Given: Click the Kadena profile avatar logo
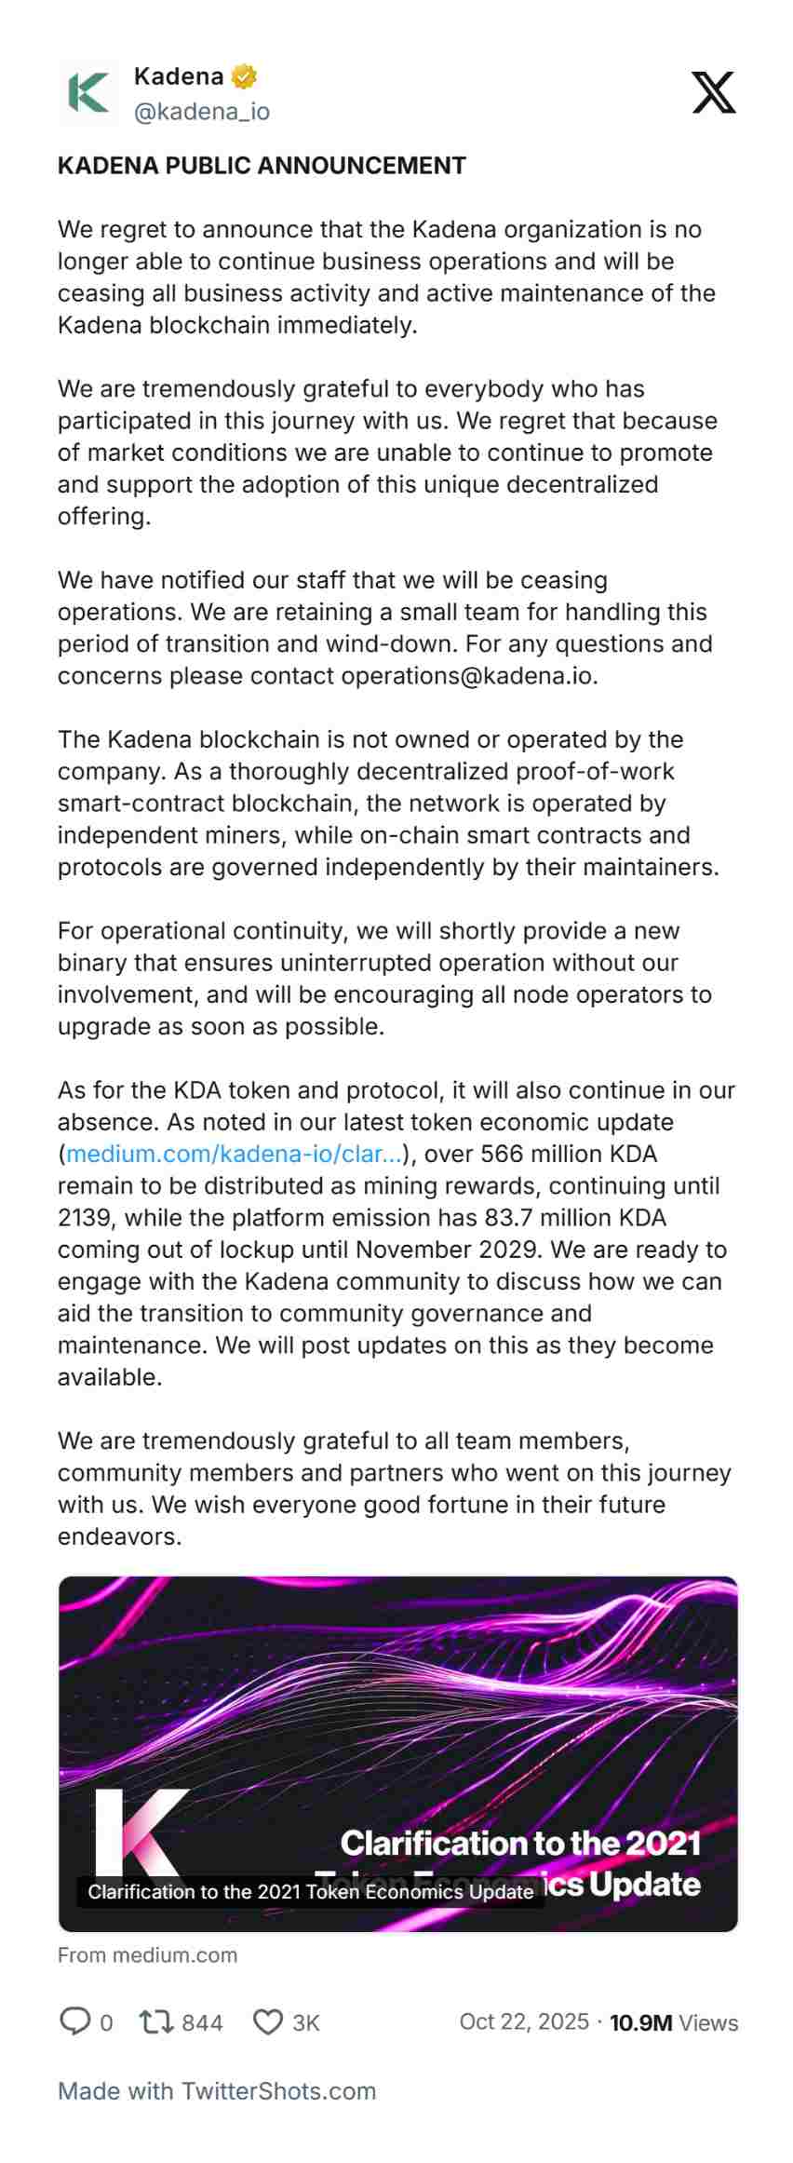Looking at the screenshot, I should pos(88,93).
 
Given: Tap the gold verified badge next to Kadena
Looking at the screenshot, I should pos(244,76).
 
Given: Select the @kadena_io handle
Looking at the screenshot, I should pos(202,112).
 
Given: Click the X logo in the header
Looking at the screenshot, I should pos(714,92).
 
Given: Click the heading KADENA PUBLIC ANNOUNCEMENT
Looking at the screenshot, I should pos(262,166).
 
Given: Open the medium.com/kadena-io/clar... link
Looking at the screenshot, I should pos(234,1154).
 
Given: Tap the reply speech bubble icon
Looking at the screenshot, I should pos(74,2021).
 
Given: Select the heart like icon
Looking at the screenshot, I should pos(268,2021).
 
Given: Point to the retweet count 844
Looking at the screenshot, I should pos(202,2022).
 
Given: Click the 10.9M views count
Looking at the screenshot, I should pos(640,2022).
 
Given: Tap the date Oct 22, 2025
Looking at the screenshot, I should pos(524,2021).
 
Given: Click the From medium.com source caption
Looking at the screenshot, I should pos(147,1954).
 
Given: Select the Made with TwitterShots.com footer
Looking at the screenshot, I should pos(217,2090).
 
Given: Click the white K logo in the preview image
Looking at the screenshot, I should pos(136,1834).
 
